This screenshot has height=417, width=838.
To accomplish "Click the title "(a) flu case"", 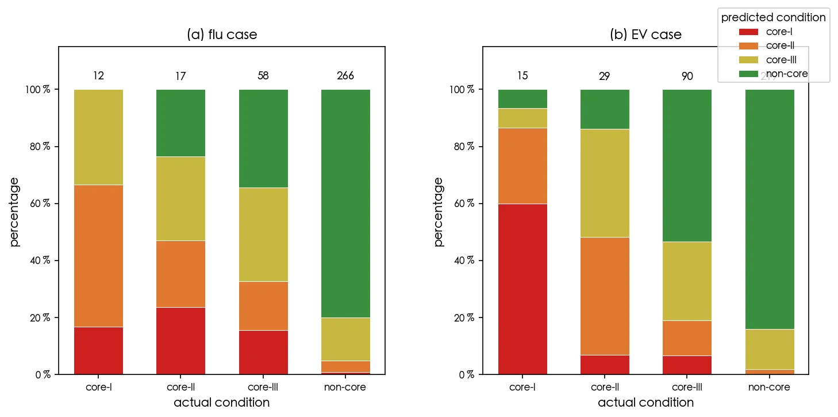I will click(x=222, y=35).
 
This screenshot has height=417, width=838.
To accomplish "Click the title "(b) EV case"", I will click(x=645, y=35).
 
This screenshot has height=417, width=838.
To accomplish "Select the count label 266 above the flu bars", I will click(x=345, y=76).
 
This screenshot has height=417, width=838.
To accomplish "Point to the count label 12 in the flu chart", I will click(x=98, y=76).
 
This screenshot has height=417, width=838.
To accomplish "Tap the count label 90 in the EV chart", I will click(x=687, y=76).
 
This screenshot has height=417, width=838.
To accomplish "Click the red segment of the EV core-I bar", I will click(x=522, y=289).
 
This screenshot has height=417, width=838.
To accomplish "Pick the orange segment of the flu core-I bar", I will click(x=98, y=256).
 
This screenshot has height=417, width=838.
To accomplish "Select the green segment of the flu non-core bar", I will click(x=345, y=203).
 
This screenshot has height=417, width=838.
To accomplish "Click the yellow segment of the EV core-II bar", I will click(x=605, y=183).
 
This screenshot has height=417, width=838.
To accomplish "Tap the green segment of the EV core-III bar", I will click(x=687, y=166).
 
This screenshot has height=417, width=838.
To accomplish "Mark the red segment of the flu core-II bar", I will click(x=180, y=341).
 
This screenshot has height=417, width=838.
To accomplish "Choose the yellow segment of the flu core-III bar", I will click(x=263, y=235).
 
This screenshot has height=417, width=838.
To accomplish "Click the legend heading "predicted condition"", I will click(x=774, y=18).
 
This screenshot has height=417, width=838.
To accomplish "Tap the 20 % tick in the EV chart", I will click(x=463, y=317).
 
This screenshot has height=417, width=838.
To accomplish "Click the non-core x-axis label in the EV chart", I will click(x=769, y=387).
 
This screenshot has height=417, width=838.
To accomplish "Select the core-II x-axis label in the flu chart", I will click(x=180, y=387).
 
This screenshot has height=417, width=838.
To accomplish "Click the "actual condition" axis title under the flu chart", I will click(x=222, y=403).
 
